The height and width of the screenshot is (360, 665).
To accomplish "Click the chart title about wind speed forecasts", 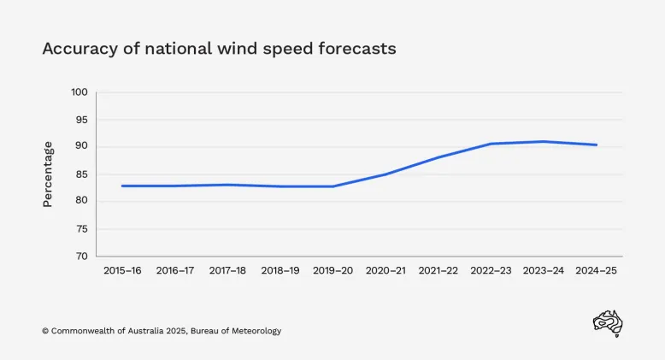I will tap(219, 49).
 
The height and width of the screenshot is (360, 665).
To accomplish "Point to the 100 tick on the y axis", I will tap(79, 92).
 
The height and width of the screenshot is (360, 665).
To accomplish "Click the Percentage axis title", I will tap(48, 174).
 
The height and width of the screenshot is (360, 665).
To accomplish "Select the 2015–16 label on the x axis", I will tap(122, 270).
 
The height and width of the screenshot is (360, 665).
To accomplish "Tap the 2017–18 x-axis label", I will tap(227, 270).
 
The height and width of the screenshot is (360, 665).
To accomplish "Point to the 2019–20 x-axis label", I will tap(332, 270).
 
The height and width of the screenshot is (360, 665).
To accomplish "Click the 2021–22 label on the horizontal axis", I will tap(438, 270).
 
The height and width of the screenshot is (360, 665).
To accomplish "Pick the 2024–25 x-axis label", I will tap(596, 270).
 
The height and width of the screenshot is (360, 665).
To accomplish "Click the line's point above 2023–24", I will tap(544, 142).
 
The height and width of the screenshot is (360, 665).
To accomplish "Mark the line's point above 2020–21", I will tap(385, 174).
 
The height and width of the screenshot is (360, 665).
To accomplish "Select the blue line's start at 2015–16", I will tap(122, 186).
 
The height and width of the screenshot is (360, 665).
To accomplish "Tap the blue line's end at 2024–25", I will tap(596, 145).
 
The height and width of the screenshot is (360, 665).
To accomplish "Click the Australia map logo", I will tap(608, 323).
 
